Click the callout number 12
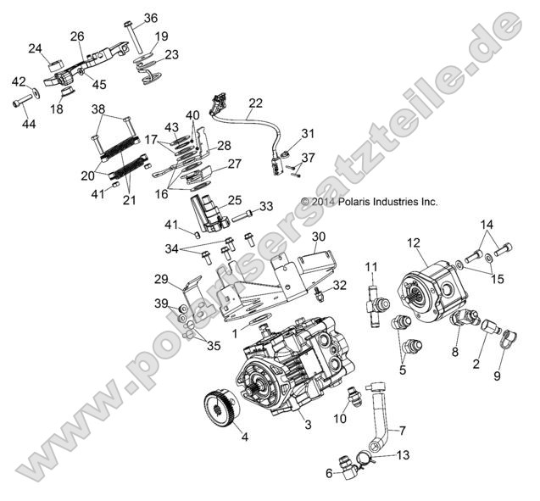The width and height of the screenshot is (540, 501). click(x=414, y=242)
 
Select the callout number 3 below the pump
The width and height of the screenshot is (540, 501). click(x=308, y=424)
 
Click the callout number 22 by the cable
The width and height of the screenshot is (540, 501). click(x=255, y=104)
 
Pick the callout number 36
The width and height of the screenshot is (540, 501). click(x=151, y=18)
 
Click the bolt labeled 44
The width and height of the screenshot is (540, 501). click(x=23, y=103)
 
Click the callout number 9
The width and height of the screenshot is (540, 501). click(x=498, y=375)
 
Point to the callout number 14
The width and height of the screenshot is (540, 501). click(x=486, y=225)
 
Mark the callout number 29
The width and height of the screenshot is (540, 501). click(x=160, y=279)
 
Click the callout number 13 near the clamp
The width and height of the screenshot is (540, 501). click(x=403, y=454)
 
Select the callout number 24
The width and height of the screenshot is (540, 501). click(x=35, y=48)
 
